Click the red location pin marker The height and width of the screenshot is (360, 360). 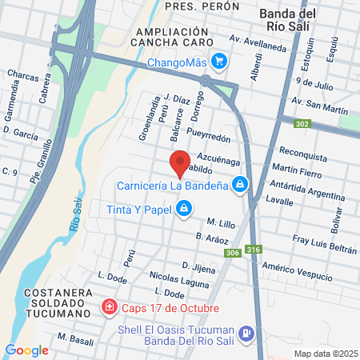[181, 163]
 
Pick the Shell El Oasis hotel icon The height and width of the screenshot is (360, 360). [248, 332]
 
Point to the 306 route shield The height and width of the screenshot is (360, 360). [233, 253]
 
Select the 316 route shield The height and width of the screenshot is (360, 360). [254, 248]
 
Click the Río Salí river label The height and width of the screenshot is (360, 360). [77, 215]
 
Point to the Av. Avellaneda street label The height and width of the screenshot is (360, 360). [257, 42]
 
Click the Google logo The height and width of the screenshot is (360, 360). [26, 350]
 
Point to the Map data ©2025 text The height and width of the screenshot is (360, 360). [325, 354]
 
